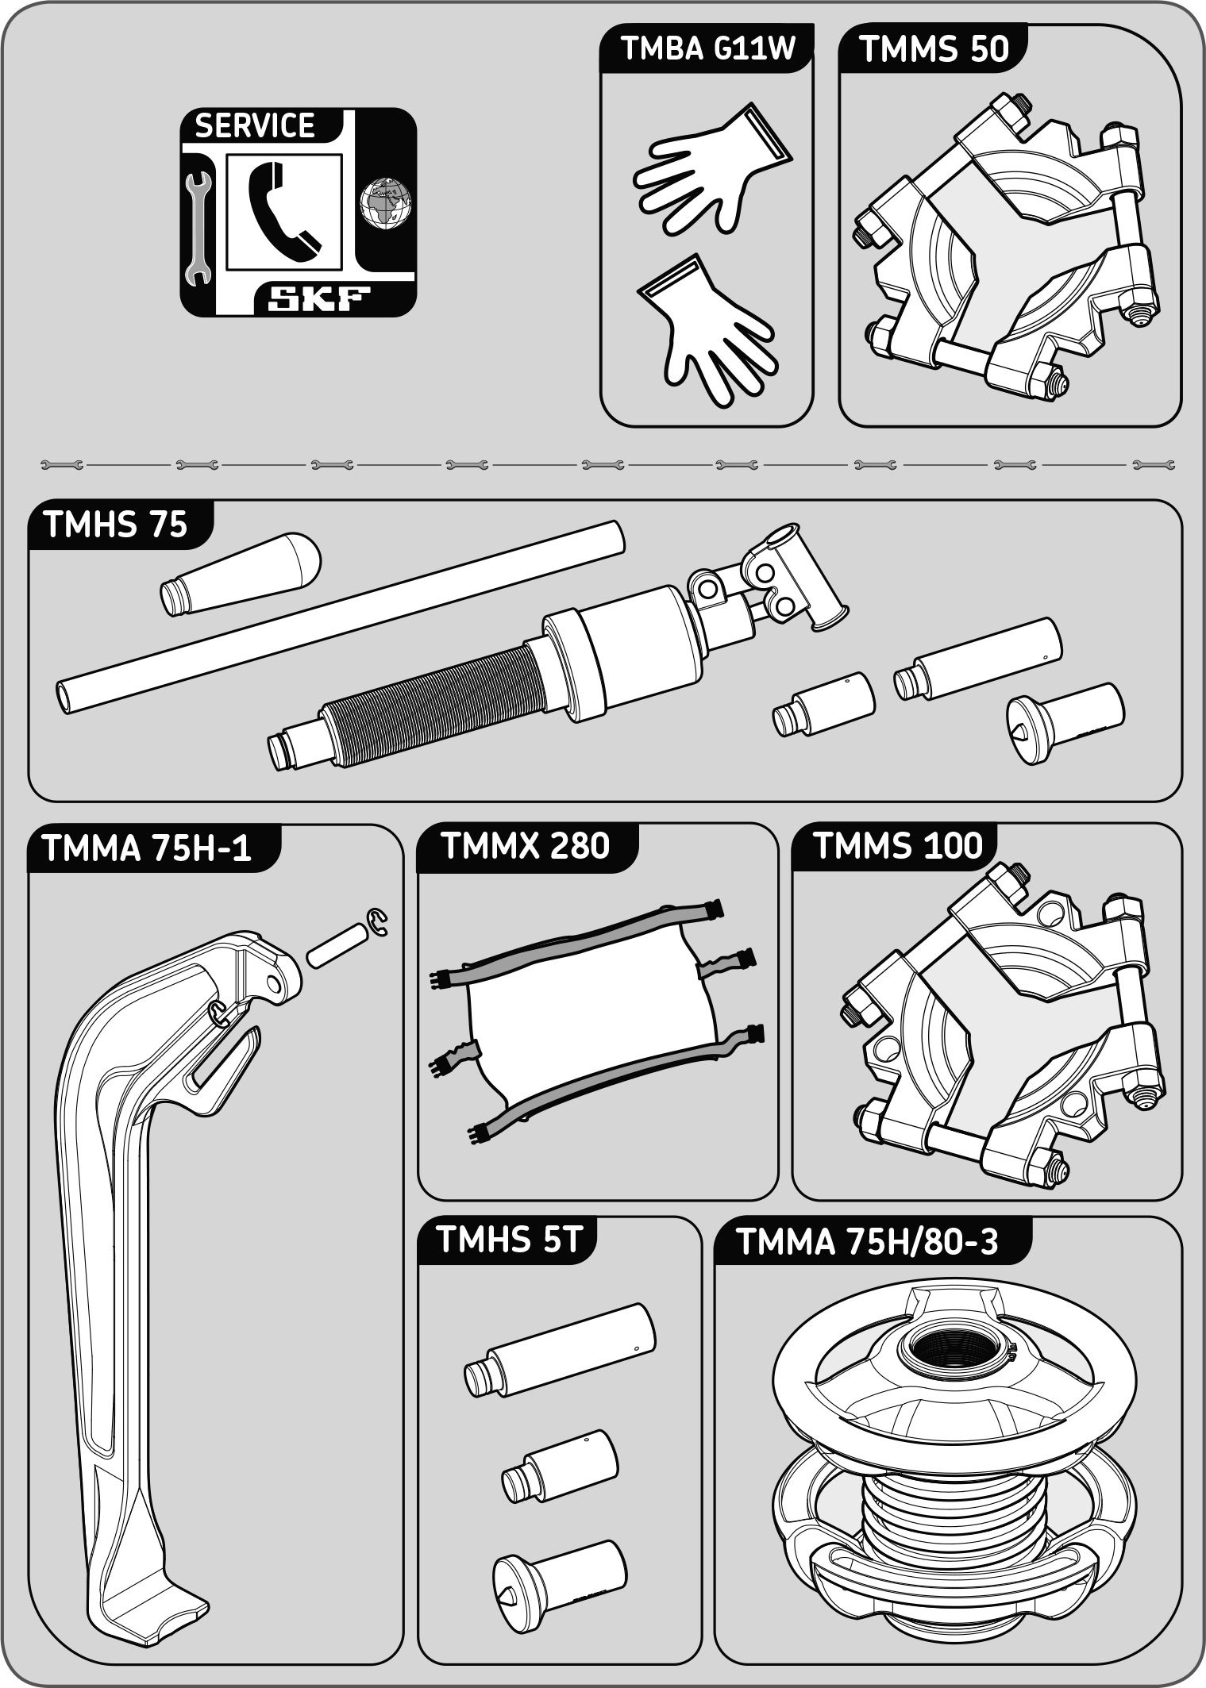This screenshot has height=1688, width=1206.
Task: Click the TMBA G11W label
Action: (x=707, y=49)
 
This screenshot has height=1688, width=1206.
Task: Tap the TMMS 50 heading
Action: (x=934, y=49)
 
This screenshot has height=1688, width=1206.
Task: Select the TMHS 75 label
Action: (x=116, y=525)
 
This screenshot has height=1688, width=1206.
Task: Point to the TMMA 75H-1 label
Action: (x=147, y=848)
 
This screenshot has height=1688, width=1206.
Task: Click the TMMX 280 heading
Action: (x=525, y=846)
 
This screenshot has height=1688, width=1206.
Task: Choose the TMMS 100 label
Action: (x=898, y=846)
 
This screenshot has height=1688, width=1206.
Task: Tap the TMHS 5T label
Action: (x=510, y=1240)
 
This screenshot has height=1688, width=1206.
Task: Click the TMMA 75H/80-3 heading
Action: (x=867, y=1242)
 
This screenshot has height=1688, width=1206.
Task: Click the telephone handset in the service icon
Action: (x=283, y=210)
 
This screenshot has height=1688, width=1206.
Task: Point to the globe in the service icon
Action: (x=385, y=204)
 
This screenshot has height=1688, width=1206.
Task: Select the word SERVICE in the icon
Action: (x=255, y=126)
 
